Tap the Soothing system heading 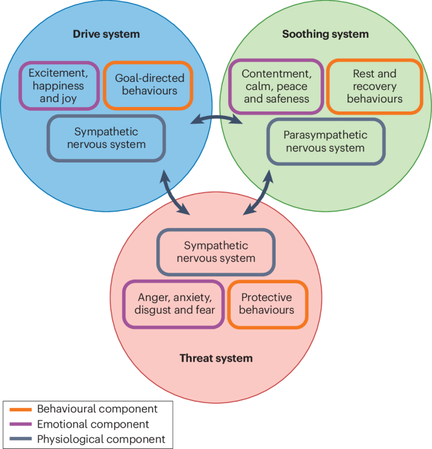tap(325, 33)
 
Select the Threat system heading tap(216, 358)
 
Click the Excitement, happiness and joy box tap(58, 85)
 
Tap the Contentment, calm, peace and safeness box tap(276, 86)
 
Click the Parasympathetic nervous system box tap(325, 142)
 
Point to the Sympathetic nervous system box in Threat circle tap(216, 252)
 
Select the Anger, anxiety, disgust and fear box tap(175, 304)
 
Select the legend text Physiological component tap(101, 439)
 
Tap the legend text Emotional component tap(93, 424)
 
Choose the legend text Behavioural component tap(97, 409)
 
